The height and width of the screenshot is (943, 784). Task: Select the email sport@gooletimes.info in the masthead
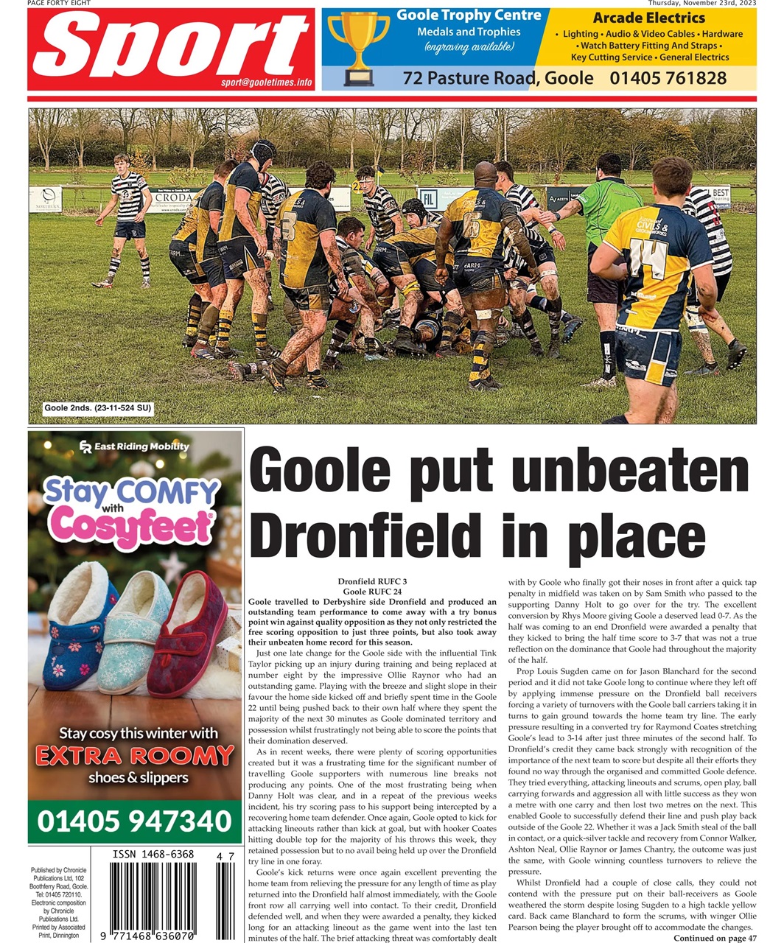pos(266,83)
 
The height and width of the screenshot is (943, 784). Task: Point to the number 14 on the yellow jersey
pos(648,256)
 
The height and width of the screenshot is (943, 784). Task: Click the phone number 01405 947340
pos(134,821)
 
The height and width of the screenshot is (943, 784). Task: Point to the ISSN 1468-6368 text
pos(153,855)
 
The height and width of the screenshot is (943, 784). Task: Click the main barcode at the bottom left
pos(153,899)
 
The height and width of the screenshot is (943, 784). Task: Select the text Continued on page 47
pos(715,938)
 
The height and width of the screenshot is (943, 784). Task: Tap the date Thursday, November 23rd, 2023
pos(701,4)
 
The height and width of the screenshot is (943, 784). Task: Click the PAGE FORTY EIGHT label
pos(59,4)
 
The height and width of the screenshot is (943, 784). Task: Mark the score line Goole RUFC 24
pos(372,592)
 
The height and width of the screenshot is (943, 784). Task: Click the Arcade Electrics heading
pos(648,18)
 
